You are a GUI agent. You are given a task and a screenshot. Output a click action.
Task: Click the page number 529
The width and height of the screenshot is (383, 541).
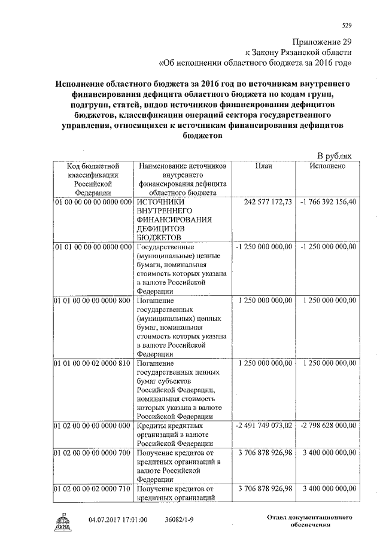click(x=346, y=25)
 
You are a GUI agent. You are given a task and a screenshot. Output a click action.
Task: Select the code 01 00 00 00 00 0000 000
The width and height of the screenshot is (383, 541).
click(x=93, y=202)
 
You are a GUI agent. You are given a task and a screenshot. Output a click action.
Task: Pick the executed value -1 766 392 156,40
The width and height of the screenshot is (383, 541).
click(x=328, y=202)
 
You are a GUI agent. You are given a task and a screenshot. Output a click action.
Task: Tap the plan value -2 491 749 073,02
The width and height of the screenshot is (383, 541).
click(x=264, y=425)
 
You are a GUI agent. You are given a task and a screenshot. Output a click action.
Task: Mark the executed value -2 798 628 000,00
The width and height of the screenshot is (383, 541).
click(x=328, y=425)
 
